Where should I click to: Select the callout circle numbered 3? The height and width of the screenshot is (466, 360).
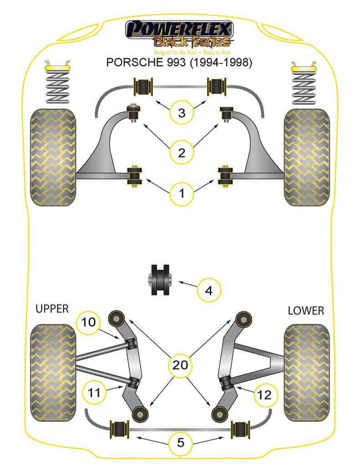click(182, 112)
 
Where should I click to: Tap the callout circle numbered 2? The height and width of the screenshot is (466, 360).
click(182, 152)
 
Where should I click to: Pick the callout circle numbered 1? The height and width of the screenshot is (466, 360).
click(182, 194)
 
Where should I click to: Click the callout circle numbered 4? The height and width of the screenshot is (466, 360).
click(209, 290)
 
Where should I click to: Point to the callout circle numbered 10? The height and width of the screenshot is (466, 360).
click(89, 323)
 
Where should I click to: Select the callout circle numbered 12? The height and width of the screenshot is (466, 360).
click(265, 395)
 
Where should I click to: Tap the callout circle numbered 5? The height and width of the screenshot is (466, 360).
click(181, 442)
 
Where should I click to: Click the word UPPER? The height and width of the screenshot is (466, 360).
click(52, 309)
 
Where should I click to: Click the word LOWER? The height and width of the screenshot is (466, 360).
click(306, 310)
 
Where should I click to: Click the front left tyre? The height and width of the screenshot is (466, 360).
click(52, 157)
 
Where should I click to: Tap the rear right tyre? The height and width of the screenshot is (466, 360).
click(306, 373)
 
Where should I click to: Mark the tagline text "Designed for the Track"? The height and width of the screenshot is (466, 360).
click(175, 52)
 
